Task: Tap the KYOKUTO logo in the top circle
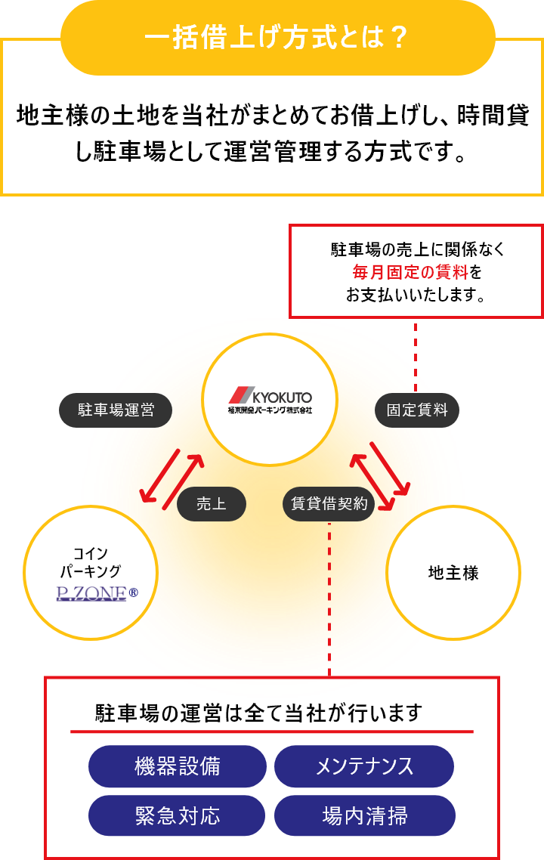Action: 270,400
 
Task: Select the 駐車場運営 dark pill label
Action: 116,410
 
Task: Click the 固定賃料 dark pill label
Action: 417,410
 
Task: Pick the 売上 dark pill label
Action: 212,504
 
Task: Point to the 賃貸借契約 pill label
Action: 329,504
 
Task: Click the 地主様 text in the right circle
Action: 453,573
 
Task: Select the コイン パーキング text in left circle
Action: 91,561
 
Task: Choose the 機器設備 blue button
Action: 178,766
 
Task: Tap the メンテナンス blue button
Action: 364,766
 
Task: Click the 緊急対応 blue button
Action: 178,816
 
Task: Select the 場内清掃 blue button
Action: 364,816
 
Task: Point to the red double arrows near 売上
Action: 172,479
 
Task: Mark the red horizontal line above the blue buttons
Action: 272,732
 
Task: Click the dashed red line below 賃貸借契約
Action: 329,597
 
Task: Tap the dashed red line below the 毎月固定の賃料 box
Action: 415,348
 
